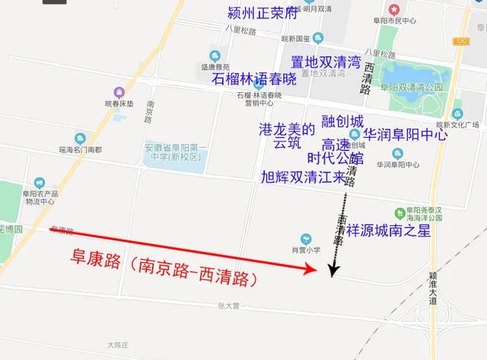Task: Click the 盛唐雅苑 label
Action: tap(215, 66)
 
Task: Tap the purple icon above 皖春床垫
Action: tap(119, 91)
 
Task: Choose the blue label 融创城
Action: tap(342, 122)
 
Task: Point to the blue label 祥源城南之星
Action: tap(388, 230)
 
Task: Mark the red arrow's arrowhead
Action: tap(311, 268)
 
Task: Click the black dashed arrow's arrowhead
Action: tap(333, 269)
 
